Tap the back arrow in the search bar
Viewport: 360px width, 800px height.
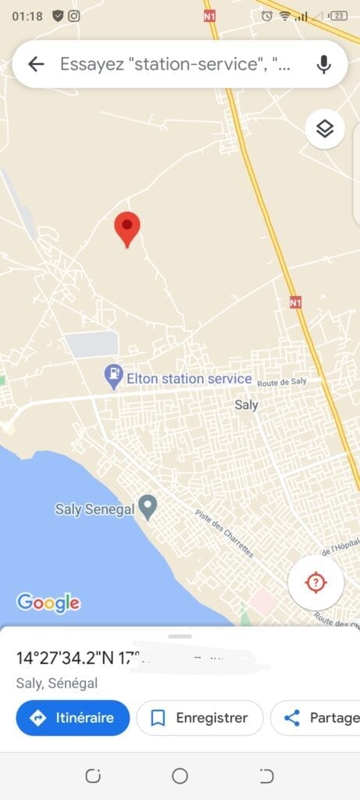pos(36,64)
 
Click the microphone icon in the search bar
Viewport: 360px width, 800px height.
pos(324,64)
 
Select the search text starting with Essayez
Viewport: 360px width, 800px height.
pos(175,64)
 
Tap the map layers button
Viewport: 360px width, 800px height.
pos(325,129)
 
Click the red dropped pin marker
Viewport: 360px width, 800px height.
pos(127,228)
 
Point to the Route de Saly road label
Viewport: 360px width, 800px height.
pos(282,381)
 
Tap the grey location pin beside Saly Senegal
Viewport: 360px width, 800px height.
pos(147,508)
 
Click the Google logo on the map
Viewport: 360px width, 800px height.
pos(48,602)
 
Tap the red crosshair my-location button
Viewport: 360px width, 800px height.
pos(315,582)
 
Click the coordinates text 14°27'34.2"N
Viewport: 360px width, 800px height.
pos(66,658)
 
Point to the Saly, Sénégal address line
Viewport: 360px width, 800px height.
pos(57,683)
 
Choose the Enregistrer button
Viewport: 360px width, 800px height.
pos(199,717)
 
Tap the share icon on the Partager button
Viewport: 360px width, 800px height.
pos(292,717)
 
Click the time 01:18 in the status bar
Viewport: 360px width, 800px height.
pos(27,15)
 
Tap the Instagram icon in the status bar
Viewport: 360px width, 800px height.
pos(74,15)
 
